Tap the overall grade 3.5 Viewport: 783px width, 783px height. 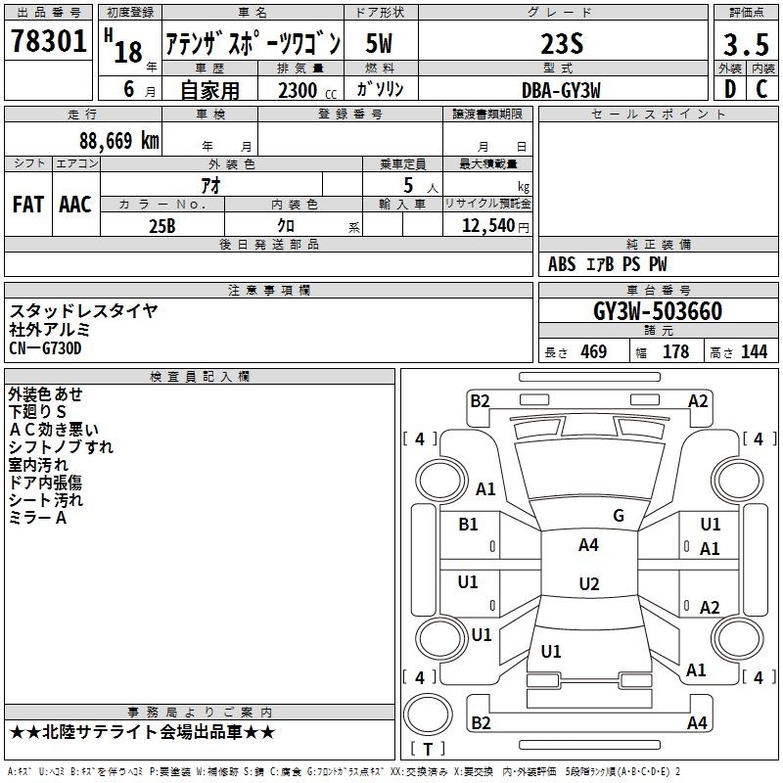(745, 46)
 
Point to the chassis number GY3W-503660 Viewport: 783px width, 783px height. (658, 311)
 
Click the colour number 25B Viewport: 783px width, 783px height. (161, 225)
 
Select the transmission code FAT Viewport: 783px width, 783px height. (28, 205)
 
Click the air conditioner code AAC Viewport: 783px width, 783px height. (75, 205)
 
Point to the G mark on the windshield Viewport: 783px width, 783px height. (618, 516)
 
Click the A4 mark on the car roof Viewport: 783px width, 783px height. (588, 545)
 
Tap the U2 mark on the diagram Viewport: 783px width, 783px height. (588, 584)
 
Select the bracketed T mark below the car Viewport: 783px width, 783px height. (428, 750)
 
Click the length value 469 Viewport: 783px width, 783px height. (593, 352)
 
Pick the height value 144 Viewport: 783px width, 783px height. (754, 352)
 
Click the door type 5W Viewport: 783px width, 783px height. (380, 45)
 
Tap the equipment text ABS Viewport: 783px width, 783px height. (562, 264)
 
